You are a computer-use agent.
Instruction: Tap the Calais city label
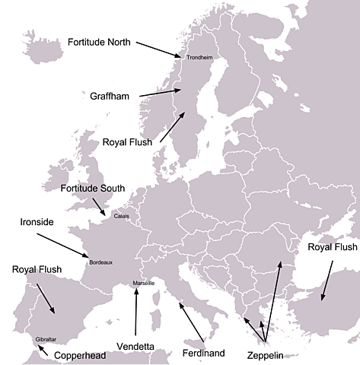(122, 216)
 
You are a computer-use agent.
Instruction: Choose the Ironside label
(36, 223)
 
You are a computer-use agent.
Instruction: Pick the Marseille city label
(144, 283)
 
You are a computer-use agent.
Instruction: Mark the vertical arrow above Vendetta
(136, 312)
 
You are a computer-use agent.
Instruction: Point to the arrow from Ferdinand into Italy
(192, 322)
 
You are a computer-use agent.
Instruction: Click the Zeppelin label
(266, 355)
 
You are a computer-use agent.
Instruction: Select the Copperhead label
(81, 354)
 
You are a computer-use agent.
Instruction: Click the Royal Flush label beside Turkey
(332, 247)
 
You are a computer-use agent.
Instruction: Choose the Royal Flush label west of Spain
(38, 269)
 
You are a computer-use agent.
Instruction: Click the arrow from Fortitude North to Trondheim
(159, 48)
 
